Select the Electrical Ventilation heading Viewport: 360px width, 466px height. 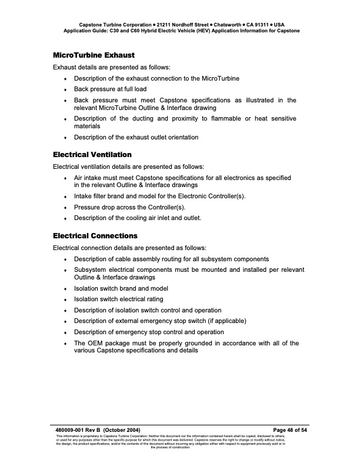[92, 155]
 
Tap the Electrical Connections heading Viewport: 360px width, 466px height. [95, 236]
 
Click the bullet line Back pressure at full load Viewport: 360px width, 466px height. [110, 89]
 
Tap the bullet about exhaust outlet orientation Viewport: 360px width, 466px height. [136, 137]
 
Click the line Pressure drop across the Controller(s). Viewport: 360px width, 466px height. [129, 207]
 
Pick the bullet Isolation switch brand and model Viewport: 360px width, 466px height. [121, 288]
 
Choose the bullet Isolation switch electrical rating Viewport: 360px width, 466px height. [118, 299]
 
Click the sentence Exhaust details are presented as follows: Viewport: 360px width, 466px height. [111, 67]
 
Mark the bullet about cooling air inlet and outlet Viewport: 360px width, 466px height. [137, 218]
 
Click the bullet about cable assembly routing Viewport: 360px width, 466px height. [171, 259]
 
